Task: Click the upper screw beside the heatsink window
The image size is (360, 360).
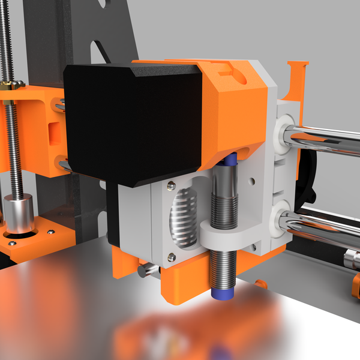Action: pyautogui.click(x=172, y=184)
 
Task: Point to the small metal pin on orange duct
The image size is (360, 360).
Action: pyautogui.click(x=145, y=271)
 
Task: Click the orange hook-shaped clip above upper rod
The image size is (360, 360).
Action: pyautogui.click(x=296, y=78)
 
